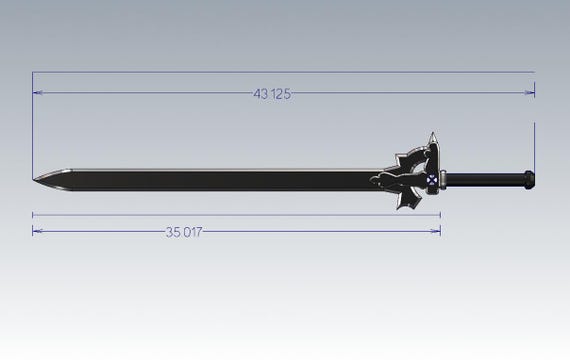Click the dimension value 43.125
click(272, 94)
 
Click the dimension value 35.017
click(184, 232)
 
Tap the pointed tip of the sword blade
click(33, 179)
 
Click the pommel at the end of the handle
click(530, 180)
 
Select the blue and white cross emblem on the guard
click(431, 180)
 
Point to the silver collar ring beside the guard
click(443, 180)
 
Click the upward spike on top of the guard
click(433, 138)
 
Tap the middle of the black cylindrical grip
click(486, 180)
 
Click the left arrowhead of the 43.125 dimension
click(37, 93)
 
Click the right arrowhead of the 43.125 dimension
click(529, 93)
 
